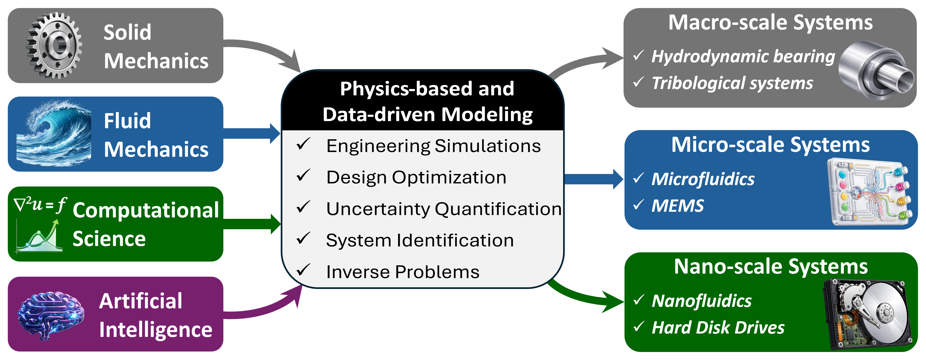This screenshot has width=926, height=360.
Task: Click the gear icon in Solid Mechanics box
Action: pos(54,46)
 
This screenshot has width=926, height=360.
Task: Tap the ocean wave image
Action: pos(54,134)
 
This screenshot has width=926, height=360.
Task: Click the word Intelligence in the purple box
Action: pos(156,330)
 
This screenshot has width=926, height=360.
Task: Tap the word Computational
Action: pos(146,210)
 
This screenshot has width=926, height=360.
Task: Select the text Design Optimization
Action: pos(416,177)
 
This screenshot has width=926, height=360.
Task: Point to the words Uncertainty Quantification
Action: pos(444,209)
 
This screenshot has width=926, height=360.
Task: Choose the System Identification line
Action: pos(420,240)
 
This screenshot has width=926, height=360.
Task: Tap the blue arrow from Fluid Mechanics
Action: pos(252,133)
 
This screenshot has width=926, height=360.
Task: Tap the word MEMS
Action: pos(678,206)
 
